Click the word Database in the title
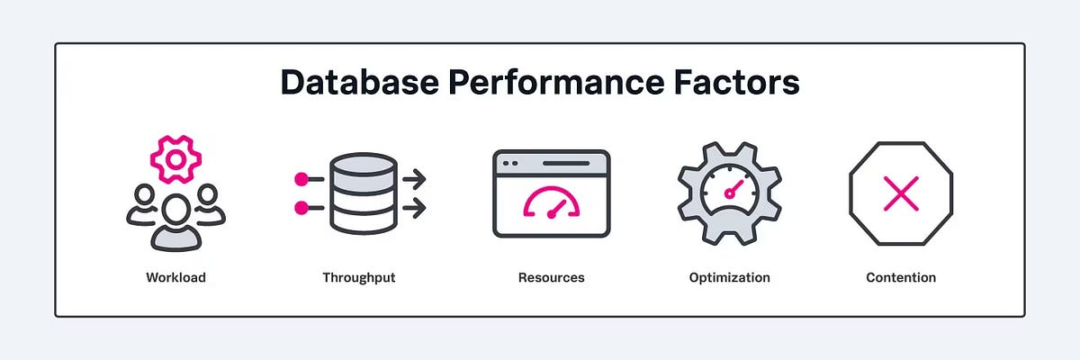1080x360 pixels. click(x=355, y=83)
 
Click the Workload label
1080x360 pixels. click(x=175, y=277)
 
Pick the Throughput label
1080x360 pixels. click(x=358, y=277)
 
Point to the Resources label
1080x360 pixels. click(x=551, y=277)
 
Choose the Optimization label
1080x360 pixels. click(x=729, y=277)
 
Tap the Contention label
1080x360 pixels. click(x=901, y=277)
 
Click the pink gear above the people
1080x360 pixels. click(x=175, y=159)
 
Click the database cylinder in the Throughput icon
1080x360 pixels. click(x=363, y=193)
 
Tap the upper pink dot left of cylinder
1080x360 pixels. click(x=301, y=179)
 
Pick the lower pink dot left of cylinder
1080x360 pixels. click(x=301, y=209)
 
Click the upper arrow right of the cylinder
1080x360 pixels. click(x=415, y=179)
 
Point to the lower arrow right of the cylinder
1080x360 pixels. click(x=415, y=209)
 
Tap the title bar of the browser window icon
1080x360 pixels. click(x=551, y=163)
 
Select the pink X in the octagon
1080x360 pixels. click(x=901, y=193)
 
